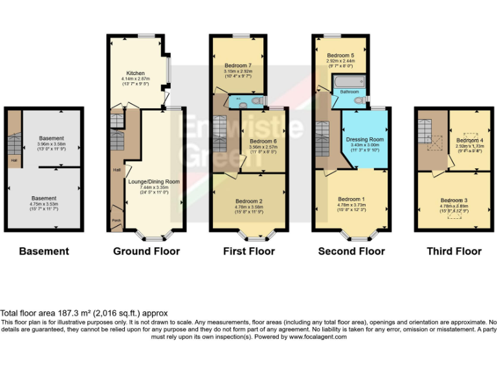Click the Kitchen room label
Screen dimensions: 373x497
point(135,73)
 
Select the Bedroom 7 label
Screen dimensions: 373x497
point(237,66)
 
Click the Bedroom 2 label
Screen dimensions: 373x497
point(249,201)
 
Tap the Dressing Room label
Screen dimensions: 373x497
point(365,139)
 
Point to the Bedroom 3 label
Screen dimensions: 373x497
point(454,200)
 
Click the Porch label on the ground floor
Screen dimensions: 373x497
point(116,220)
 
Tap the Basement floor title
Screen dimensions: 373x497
point(43,251)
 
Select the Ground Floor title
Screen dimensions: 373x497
point(146,251)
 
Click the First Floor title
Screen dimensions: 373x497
point(249,251)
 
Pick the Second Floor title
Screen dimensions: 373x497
point(351,251)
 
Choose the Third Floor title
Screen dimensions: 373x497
point(454,251)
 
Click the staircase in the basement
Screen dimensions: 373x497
point(14,142)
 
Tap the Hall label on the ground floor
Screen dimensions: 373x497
point(116,170)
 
